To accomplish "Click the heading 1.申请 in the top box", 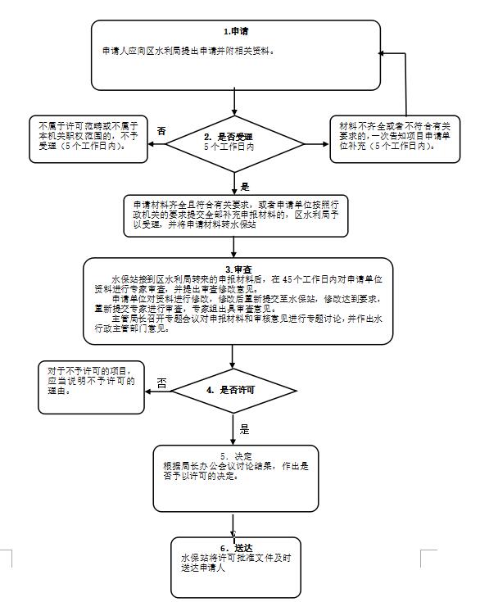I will [x=236, y=31].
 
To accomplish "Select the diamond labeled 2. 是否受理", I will [x=234, y=141].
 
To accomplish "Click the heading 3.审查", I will [x=238, y=269].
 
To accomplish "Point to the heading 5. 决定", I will [x=236, y=455].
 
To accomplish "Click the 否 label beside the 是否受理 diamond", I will [x=161, y=131].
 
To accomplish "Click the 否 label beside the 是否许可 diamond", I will [x=161, y=382].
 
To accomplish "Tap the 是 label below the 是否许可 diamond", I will [x=243, y=428].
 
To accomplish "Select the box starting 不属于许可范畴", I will [x=87, y=134].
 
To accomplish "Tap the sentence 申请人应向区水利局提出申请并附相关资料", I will [x=188, y=51].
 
